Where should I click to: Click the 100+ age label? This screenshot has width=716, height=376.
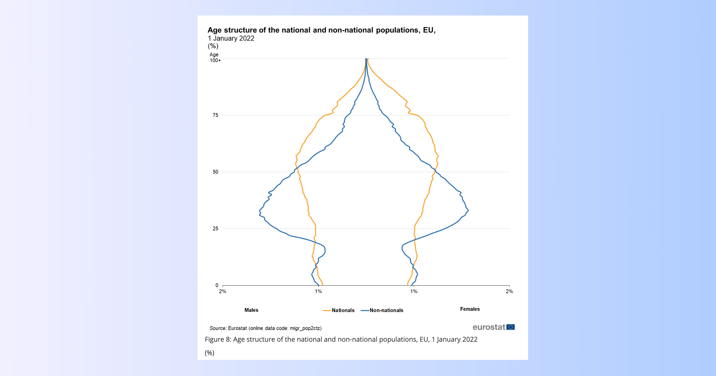coord(215,60)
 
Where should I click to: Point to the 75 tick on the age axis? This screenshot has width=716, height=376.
coord(215,115)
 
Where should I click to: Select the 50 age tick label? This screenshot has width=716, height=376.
coord(215,172)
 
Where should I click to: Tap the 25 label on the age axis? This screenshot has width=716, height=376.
coord(215,229)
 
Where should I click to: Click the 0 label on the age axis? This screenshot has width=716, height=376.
coord(217,285)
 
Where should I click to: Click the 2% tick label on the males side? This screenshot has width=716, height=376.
coord(223,292)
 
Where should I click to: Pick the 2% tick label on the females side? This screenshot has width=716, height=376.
coord(509,292)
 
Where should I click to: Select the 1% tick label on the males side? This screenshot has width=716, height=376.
coord(318,292)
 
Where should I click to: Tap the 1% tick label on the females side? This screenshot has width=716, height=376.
coord(413,292)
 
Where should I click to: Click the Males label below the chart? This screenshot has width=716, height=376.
coord(251,310)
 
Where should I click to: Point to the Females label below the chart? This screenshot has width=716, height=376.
coord(470,309)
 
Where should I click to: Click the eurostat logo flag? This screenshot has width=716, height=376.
coord(510,327)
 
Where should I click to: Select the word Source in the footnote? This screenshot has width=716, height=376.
coord(218,328)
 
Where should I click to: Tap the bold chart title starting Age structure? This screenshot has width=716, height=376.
coord(321,30)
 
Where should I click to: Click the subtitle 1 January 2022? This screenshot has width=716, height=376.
coord(231,38)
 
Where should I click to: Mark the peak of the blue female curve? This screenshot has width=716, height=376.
coord(468,211)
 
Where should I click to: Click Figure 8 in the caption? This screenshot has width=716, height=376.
coord(217,340)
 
